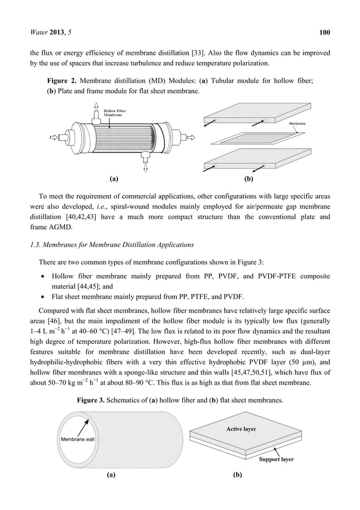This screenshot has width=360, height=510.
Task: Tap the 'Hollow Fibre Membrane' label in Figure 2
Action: click(x=117, y=112)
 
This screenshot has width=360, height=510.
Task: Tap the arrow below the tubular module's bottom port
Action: click(x=146, y=168)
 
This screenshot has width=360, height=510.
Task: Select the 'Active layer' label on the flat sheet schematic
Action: click(x=241, y=429)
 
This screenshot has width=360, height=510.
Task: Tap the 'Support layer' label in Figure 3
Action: click(x=276, y=459)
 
